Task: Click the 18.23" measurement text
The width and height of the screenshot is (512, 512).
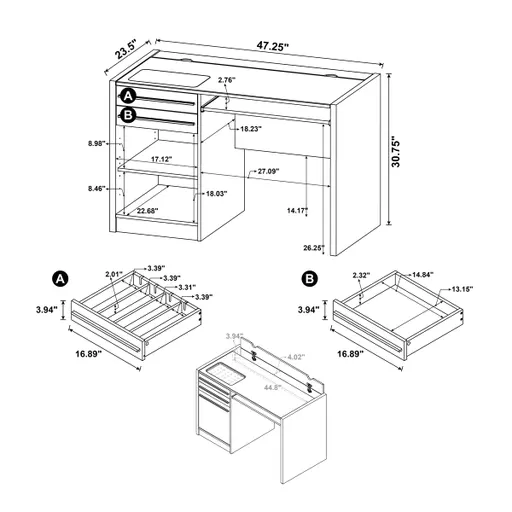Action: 254,128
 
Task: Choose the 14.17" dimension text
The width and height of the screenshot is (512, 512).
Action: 296,210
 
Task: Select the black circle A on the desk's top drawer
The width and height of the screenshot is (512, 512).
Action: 128,96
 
